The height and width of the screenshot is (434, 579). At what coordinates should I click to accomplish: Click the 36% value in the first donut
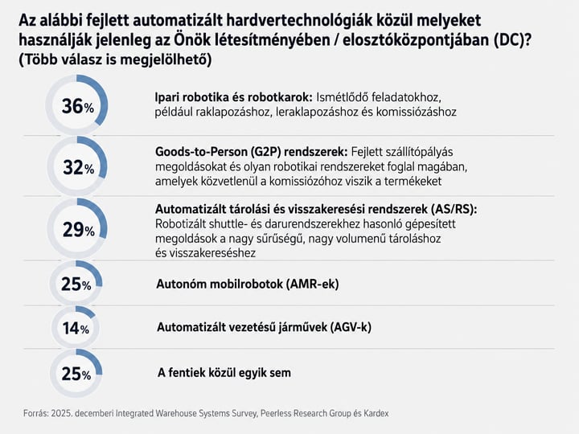(x=77, y=106)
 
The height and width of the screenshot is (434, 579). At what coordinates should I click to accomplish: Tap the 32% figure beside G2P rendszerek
(x=78, y=167)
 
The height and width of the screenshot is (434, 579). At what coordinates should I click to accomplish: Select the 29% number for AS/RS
(x=78, y=230)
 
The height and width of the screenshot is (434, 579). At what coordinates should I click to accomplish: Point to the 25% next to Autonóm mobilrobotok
(x=76, y=285)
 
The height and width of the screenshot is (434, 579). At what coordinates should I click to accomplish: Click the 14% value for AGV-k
(x=76, y=328)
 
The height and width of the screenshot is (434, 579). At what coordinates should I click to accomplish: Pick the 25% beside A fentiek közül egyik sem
(x=76, y=374)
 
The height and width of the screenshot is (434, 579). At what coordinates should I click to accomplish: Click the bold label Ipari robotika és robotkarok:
(x=234, y=97)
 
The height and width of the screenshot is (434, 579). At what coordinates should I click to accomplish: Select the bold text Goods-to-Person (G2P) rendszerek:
(x=252, y=152)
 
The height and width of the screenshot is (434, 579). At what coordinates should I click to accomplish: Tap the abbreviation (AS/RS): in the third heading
(x=454, y=209)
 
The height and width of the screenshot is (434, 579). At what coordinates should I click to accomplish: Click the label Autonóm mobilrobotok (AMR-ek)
(x=248, y=284)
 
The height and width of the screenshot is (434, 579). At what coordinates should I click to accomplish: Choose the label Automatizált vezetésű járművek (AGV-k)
(x=264, y=327)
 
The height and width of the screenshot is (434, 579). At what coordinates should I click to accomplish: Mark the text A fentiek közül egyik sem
(x=224, y=373)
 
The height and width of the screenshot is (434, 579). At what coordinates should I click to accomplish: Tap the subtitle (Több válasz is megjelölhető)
(x=115, y=59)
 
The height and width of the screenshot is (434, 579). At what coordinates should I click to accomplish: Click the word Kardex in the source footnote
(x=376, y=413)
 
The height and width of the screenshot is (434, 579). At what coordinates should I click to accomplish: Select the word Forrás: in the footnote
(x=36, y=413)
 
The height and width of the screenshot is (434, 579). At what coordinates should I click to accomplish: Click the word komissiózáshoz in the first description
(x=417, y=112)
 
